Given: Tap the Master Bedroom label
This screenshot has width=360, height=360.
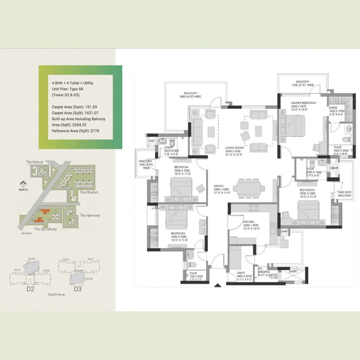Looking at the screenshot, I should coord(303,103).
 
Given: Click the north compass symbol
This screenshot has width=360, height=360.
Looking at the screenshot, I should coord(23,184).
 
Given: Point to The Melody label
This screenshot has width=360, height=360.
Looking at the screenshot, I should coord(35,162).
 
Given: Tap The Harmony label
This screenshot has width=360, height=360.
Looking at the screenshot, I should coord(90,216).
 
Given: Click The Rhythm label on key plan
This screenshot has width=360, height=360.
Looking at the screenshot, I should coord(89,193).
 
